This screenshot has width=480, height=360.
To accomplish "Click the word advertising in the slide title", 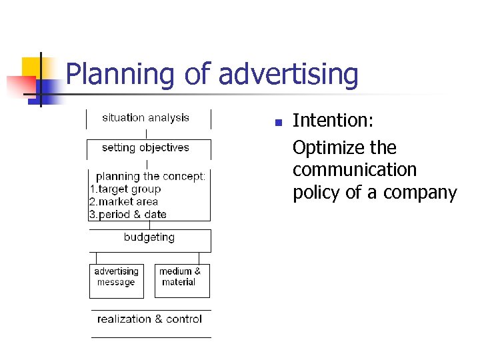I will [x=288, y=75].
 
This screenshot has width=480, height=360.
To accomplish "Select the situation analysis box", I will [x=146, y=118].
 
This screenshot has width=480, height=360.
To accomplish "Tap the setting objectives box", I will [x=146, y=148].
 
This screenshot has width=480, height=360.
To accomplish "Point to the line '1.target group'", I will [x=125, y=189].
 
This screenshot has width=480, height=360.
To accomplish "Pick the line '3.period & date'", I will [x=128, y=215].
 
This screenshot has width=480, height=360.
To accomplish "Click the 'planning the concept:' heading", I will [x=151, y=177].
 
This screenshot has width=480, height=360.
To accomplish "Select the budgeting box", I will [x=149, y=238].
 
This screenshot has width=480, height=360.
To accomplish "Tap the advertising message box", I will [x=116, y=277].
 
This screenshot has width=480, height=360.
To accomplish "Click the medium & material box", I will [x=179, y=277].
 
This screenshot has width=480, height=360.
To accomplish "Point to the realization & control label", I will [x=149, y=319].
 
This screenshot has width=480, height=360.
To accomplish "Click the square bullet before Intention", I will [x=278, y=122].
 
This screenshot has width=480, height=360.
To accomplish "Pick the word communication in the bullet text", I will [x=355, y=170].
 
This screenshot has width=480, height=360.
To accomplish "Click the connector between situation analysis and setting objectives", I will [x=146, y=134].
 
